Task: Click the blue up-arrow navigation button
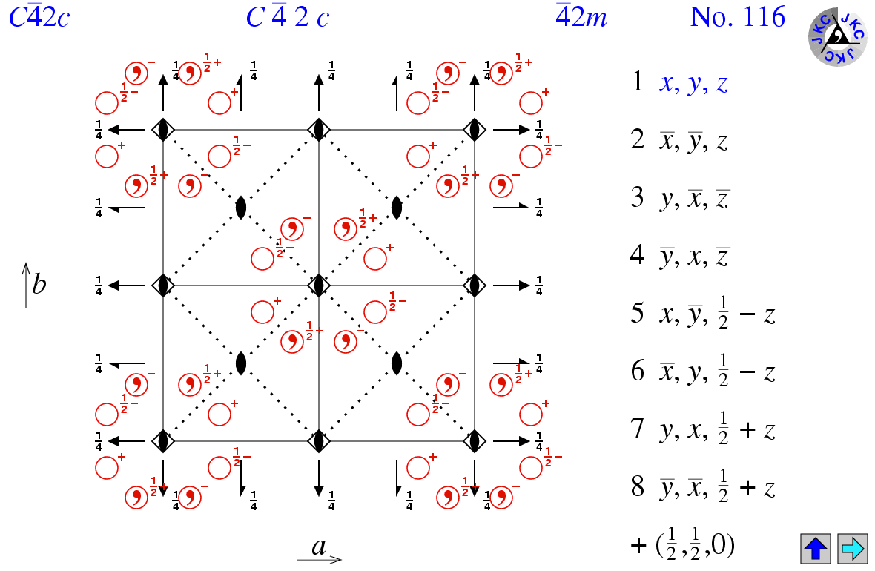tap(815, 548)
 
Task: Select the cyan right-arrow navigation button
tap(852, 548)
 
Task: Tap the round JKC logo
tap(837, 37)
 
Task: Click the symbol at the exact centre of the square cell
tap(319, 285)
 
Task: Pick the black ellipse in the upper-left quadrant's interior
tap(240, 208)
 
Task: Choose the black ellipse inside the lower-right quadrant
tap(397, 363)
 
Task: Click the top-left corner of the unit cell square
tap(163, 130)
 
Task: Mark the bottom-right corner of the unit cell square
tap(475, 441)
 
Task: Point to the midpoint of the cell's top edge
tap(319, 130)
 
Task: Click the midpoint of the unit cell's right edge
tap(475, 285)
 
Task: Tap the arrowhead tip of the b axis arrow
tap(26, 263)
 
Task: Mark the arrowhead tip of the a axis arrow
tap(342, 558)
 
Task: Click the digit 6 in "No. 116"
tap(778, 17)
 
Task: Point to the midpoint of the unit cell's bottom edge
tap(319, 441)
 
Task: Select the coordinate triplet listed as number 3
tap(694, 199)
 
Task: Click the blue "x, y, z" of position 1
tap(693, 83)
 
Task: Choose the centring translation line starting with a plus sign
tap(682, 545)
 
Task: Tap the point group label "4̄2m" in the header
tap(581, 17)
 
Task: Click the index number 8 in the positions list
tap(637, 486)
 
